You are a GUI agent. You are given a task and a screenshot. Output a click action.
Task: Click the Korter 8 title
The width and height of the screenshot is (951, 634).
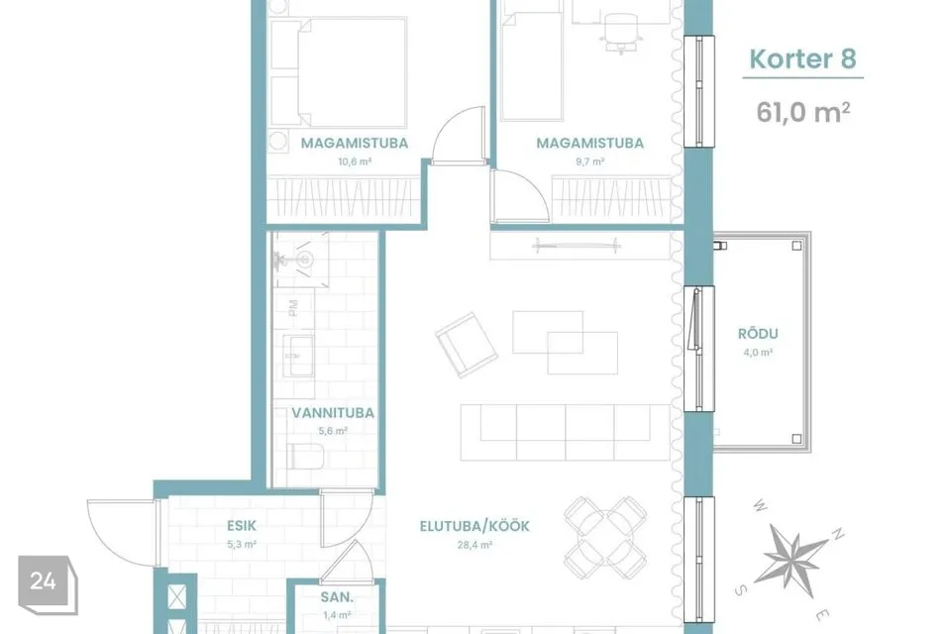pos(802,58)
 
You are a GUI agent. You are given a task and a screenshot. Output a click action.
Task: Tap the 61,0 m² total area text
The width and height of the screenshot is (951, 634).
pos(802,112)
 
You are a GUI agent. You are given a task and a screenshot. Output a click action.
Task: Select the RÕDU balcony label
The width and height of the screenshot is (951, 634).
pos(758,334)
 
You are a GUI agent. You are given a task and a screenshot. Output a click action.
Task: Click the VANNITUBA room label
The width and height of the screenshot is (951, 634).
pos(333,413)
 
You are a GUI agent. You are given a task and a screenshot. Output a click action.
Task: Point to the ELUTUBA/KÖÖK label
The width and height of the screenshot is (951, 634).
pos(475,526)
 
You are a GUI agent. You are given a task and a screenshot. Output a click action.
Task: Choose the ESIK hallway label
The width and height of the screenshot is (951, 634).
pos(242,525)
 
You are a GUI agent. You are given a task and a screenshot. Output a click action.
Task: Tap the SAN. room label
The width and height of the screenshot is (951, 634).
pos(337,597)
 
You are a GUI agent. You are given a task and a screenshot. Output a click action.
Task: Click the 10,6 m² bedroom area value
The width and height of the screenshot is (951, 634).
pos(355,162)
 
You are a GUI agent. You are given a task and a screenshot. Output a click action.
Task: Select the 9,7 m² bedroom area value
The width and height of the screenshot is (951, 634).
pos(589,162)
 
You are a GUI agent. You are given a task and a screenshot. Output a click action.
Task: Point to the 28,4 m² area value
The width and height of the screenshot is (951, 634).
pos(475,545)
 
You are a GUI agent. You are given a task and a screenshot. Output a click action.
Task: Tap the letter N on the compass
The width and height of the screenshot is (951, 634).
pos(838,534)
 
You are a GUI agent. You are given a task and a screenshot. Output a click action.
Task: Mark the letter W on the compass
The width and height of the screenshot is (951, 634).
pos(760,506)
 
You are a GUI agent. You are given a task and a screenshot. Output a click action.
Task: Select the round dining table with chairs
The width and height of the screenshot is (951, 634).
pos(605,538)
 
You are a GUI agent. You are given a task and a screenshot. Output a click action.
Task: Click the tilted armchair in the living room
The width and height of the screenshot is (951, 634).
pos(467,345)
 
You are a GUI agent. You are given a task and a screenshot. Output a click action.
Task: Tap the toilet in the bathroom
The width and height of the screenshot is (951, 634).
pos(306,457)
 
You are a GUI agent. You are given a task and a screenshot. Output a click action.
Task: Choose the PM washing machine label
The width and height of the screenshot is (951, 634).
pos(293,308)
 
